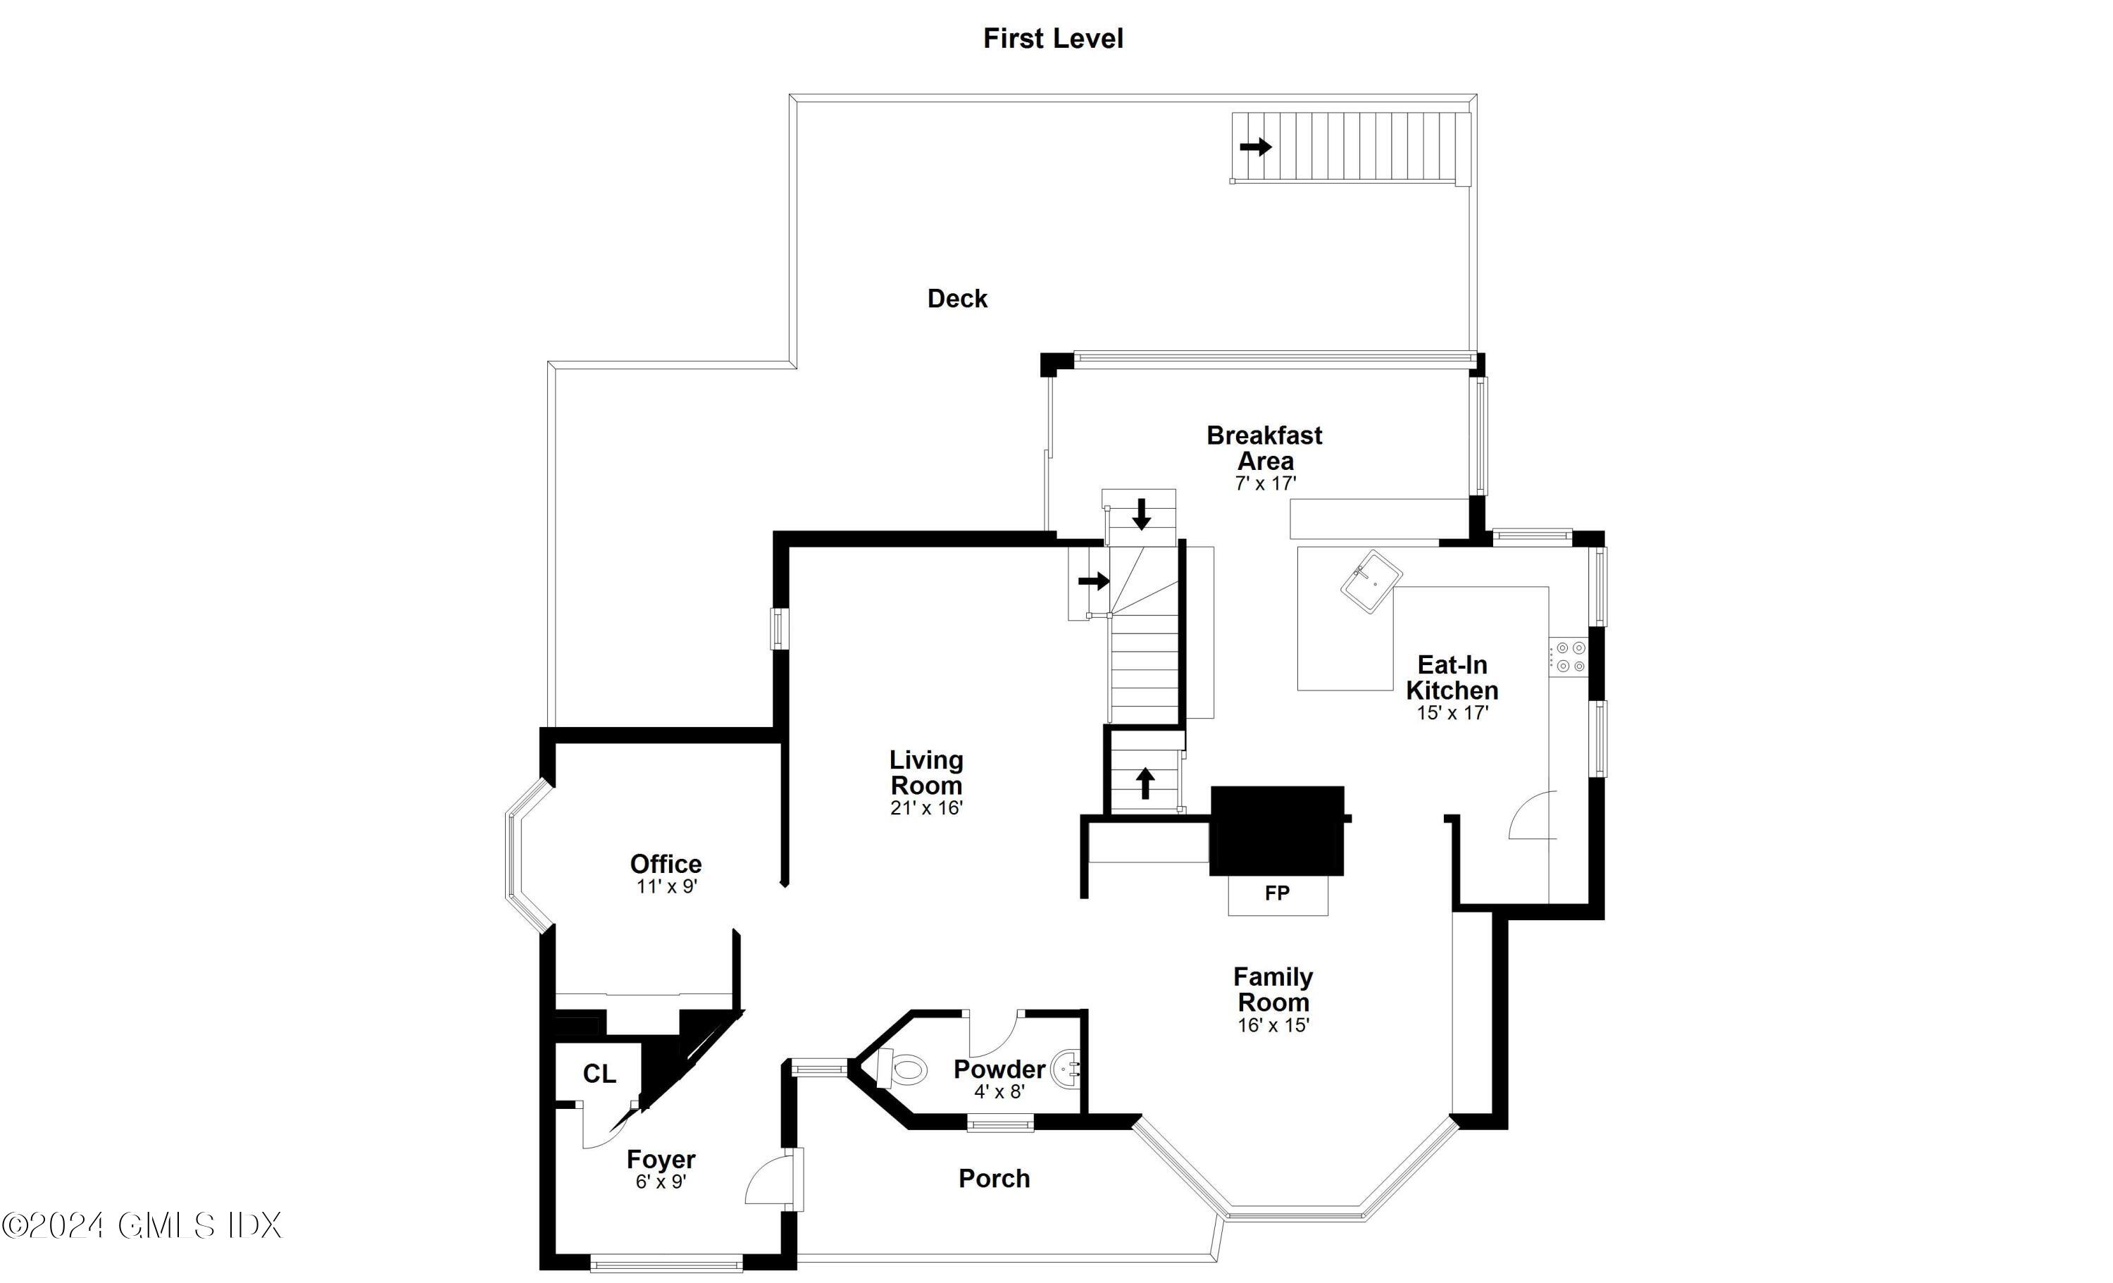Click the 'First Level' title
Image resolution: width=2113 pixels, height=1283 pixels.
click(1052, 39)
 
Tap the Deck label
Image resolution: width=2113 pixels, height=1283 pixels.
click(957, 299)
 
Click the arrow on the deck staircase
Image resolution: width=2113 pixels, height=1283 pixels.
click(1255, 147)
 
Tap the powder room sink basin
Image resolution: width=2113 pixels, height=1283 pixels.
click(1067, 1070)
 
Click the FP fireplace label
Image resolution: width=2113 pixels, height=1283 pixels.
click(1277, 893)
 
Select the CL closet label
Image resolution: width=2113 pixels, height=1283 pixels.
click(599, 1074)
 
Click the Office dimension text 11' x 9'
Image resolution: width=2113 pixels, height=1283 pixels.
click(666, 887)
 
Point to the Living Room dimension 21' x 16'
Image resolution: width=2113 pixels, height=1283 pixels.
click(926, 808)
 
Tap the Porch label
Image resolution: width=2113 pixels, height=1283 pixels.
click(994, 1178)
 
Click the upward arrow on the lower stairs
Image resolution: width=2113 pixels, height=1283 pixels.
click(1145, 783)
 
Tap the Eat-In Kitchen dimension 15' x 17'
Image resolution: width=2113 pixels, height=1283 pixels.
click(1452, 713)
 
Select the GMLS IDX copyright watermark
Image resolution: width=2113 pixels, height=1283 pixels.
click(142, 1225)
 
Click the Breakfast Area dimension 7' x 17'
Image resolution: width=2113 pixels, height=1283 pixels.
click(1265, 484)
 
